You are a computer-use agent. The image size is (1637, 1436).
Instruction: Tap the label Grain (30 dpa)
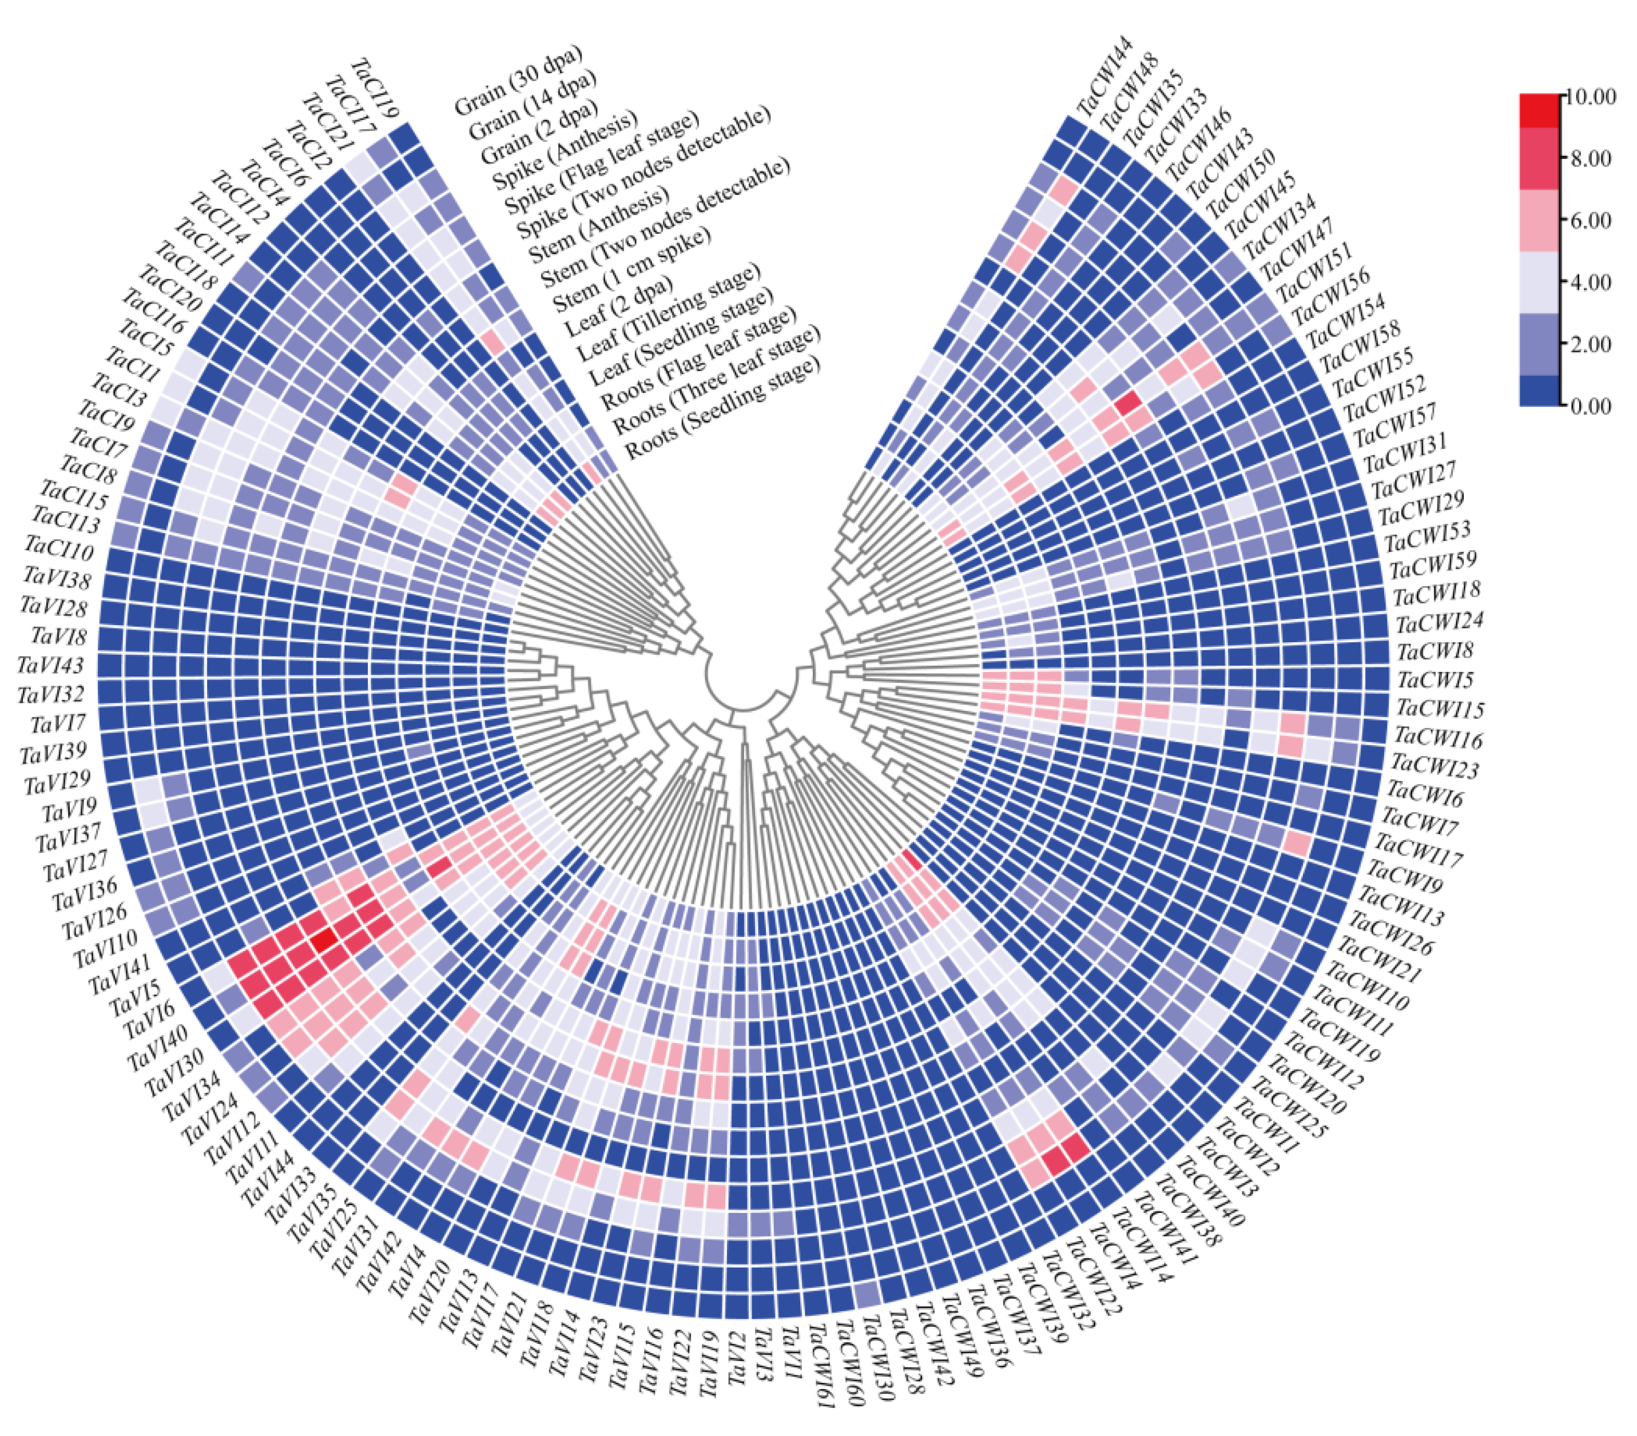518,80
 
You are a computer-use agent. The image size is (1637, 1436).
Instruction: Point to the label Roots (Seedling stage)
722,408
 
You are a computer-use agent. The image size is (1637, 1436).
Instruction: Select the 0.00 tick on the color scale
1590,406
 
